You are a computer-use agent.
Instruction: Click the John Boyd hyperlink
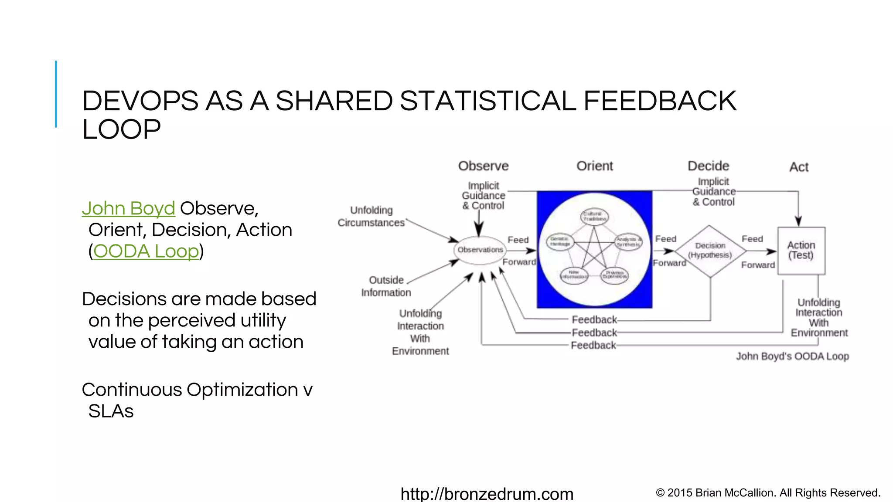coord(128,208)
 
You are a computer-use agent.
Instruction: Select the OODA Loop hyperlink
coord(146,251)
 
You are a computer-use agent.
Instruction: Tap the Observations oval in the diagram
coord(480,250)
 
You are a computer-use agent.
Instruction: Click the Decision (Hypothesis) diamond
coord(710,251)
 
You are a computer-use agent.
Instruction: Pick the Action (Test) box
coord(801,251)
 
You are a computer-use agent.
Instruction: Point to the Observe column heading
coord(483,166)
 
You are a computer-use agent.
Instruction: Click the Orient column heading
coord(594,166)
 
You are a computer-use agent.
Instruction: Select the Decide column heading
coord(708,166)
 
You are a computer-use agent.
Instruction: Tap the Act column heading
coord(799,167)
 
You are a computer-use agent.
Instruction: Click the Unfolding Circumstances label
coord(371,217)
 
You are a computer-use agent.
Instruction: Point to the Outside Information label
coord(386,286)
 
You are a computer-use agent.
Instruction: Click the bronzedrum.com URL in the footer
coord(487,494)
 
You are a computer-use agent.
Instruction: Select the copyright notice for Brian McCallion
coord(768,493)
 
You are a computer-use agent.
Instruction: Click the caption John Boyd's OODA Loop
coord(792,356)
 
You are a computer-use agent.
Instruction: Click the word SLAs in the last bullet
coord(111,411)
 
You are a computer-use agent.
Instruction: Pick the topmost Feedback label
coord(594,320)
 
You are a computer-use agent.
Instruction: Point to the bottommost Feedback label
coord(593,346)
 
